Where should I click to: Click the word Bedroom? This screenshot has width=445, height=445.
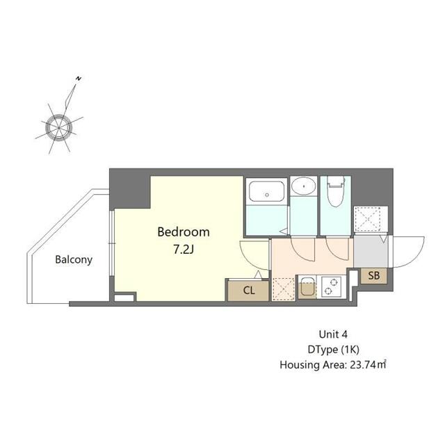coord(183,232)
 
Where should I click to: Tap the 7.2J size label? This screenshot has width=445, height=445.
coord(182,248)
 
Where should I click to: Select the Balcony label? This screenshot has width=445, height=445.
coord(74,260)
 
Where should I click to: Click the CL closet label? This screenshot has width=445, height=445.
coord(248,291)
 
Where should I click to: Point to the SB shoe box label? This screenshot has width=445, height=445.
coord(373,276)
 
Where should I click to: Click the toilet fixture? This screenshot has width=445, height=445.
coord(334,194)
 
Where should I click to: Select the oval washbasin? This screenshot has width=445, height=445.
coord(303,186)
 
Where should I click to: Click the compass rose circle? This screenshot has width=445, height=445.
coord(58,128)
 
